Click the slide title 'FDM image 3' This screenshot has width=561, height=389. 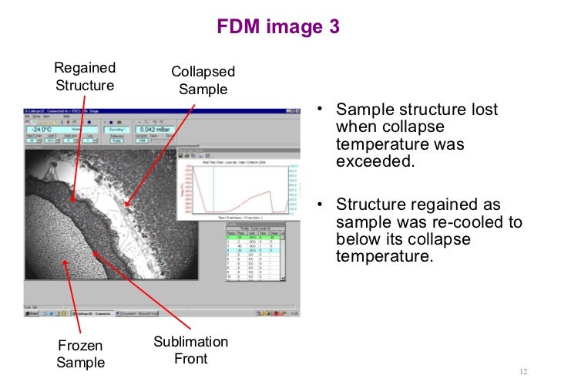pos(280,26)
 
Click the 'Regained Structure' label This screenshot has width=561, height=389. pos(85,76)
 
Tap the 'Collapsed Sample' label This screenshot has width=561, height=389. pos(203,80)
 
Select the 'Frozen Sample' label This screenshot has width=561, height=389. pos(80,354)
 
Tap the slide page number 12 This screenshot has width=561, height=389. pos(523,371)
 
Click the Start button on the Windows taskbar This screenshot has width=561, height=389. pos(33,313)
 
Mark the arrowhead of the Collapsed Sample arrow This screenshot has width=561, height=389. pos(126,209)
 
